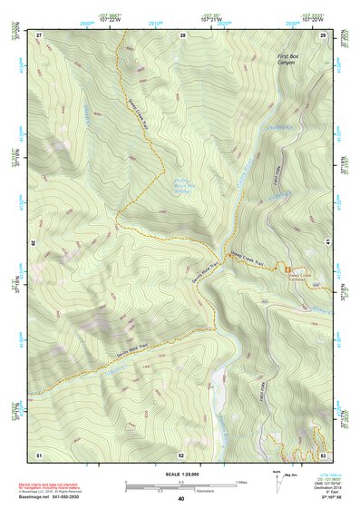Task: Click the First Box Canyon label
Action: [287, 60]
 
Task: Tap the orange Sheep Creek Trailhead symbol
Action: [288, 268]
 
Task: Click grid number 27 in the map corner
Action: [39, 34]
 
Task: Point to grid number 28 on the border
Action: [182, 34]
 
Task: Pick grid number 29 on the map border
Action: [323, 34]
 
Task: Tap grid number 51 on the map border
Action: [39, 454]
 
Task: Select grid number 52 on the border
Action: [181, 454]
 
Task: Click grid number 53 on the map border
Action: [323, 454]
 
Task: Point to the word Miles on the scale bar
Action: [239, 481]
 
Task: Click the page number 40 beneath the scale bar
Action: [181, 499]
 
